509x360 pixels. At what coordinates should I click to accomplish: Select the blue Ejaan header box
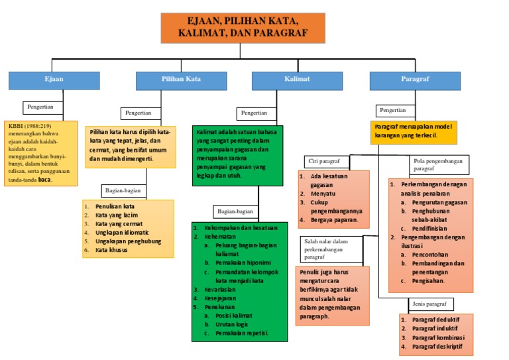pos(54,80)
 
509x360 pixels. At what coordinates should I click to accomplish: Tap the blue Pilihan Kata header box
pos(181,80)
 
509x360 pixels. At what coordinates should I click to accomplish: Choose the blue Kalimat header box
pos(298,80)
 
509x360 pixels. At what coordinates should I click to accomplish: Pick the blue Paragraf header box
pos(415,80)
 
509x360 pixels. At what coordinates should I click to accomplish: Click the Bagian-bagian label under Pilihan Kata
pos(123,191)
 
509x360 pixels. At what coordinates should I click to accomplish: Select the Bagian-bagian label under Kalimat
pos(235,211)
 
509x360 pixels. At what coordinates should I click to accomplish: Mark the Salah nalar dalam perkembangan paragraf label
pos(331,249)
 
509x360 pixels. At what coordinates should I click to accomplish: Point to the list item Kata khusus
pos(114,250)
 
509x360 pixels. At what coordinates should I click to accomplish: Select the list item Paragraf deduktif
pos(437,319)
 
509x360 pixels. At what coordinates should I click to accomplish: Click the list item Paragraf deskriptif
pos(438,347)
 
